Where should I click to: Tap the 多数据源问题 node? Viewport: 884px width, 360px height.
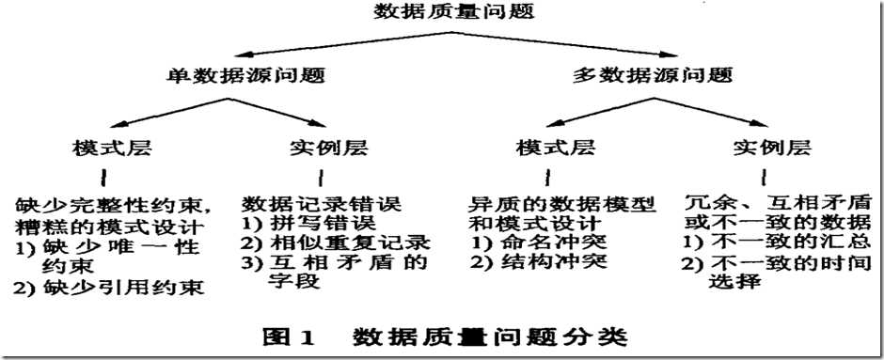click(653, 74)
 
